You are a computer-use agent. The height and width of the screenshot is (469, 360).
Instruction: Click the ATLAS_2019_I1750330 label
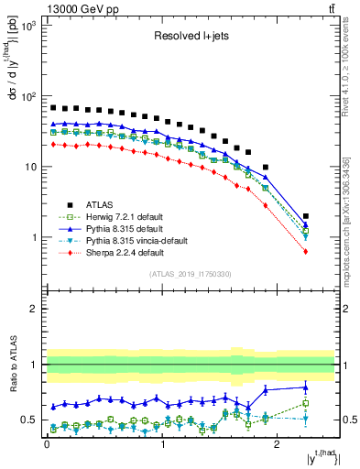click(191, 273)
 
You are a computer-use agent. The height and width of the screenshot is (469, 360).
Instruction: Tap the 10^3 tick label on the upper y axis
click(27, 26)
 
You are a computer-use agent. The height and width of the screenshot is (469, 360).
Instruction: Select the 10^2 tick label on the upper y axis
click(27, 96)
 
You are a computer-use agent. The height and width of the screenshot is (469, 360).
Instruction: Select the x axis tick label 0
click(47, 446)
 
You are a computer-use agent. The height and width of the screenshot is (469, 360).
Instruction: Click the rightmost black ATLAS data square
click(306, 216)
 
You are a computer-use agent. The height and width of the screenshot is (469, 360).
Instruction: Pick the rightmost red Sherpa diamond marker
click(306, 251)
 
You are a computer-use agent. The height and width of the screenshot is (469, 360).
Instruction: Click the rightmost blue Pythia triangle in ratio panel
click(306, 387)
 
